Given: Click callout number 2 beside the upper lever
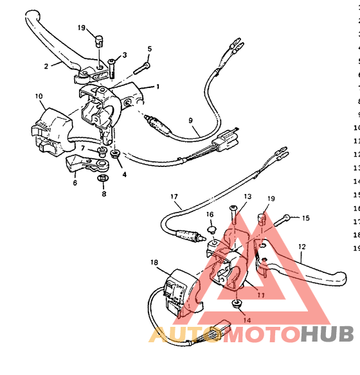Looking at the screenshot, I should tap(46, 65).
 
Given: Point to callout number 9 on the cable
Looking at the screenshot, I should tap(190, 120).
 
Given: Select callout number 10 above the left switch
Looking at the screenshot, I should tap(39, 97).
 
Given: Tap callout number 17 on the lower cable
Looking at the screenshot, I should tap(174, 196).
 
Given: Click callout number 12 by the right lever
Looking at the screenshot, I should tap(301, 246).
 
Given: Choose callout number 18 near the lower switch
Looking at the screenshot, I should tap(154, 262).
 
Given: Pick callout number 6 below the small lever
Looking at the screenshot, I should tap(75, 183).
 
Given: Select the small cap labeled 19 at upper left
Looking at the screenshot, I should tap(98, 41).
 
